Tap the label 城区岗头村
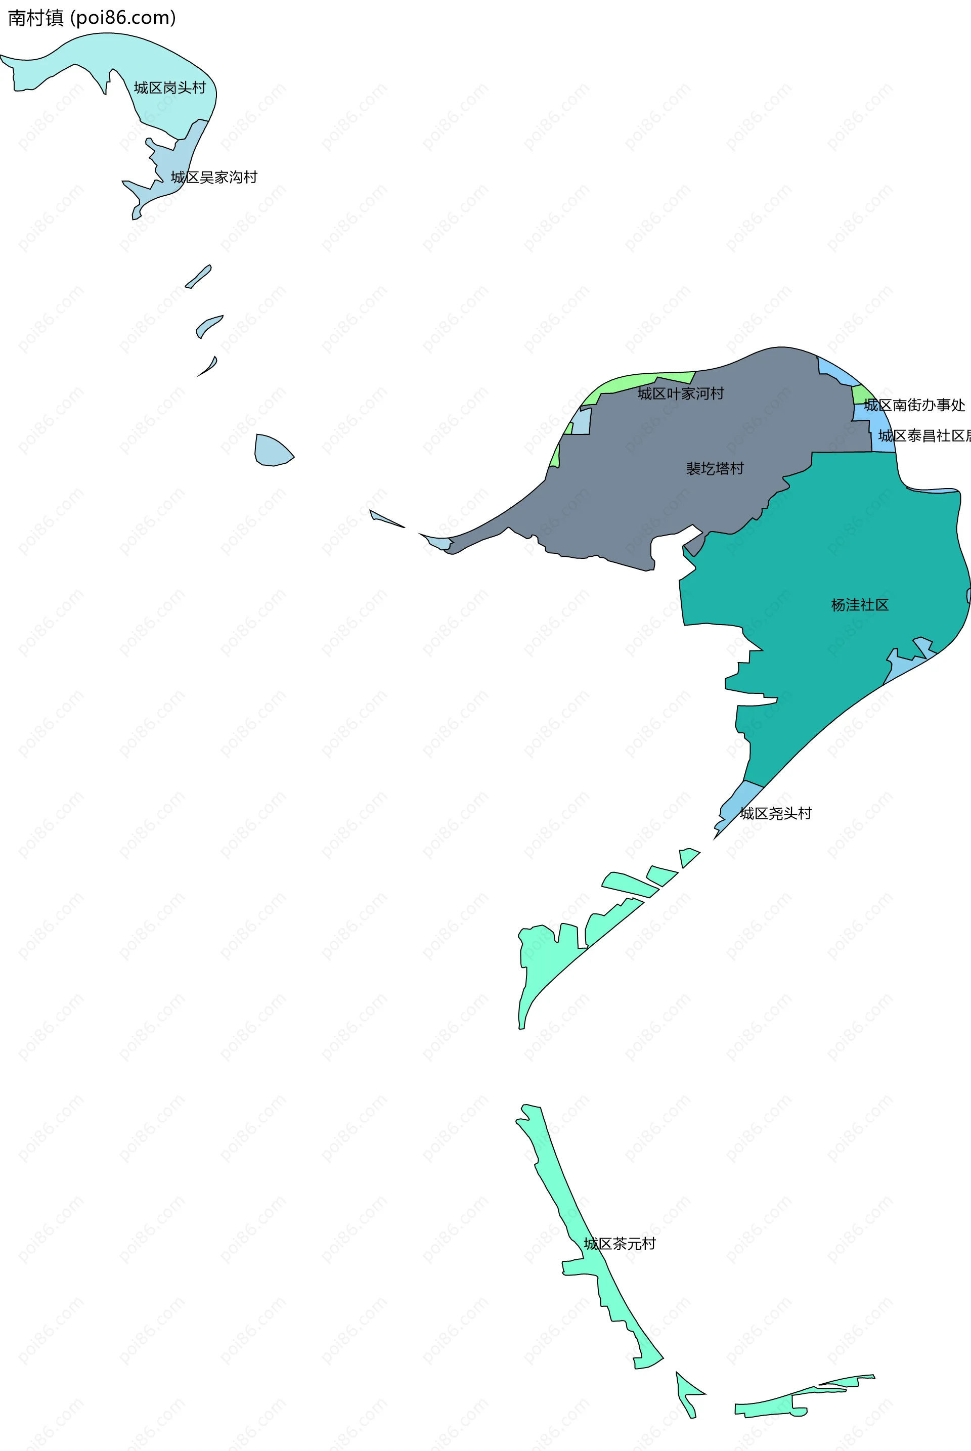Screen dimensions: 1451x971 pyautogui.click(x=170, y=88)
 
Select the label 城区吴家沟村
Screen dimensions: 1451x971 pyautogui.click(x=213, y=178)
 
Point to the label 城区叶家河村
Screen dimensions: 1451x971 pyautogui.click(x=681, y=394)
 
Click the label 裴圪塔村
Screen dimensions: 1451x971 pyautogui.click(x=715, y=469)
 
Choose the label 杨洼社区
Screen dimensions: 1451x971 pyautogui.click(x=860, y=605)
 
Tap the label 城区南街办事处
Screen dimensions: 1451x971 pyautogui.click(x=913, y=406)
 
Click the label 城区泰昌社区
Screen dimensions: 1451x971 pyautogui.click(x=922, y=436)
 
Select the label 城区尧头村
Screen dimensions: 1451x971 pyautogui.click(x=775, y=814)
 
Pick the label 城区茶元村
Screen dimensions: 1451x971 pyautogui.click(x=619, y=1244)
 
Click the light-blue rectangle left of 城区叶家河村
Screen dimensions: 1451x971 pyautogui.click(x=581, y=422)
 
